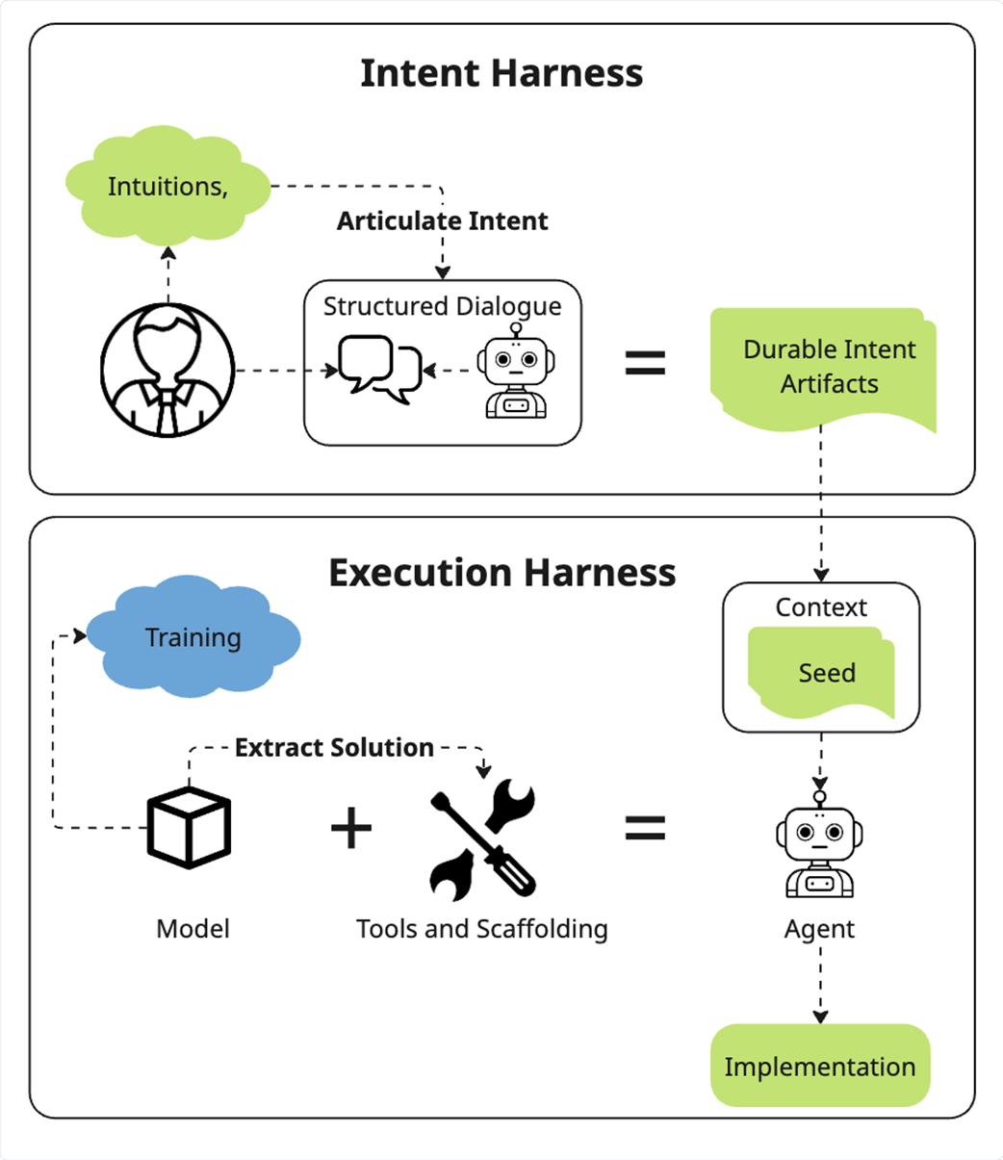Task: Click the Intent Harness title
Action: pos(501,73)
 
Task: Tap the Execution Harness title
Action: pos(502,573)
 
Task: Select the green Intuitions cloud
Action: pos(167,186)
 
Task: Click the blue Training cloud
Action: pos(193,636)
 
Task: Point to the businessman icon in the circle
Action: pos(167,371)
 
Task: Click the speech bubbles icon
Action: pos(380,370)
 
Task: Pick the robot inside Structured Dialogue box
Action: pos(516,371)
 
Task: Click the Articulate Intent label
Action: pos(442,221)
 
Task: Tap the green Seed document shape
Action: pos(821,672)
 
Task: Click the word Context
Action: pos(821,607)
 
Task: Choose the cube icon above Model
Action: pos(190,828)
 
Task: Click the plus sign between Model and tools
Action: pos(351,828)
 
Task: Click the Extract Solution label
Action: pos(334,748)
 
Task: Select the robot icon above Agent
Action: pos(819,844)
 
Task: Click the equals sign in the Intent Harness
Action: pos(646,363)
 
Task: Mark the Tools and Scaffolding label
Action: pos(482,929)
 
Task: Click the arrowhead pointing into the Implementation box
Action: pos(820,1017)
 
